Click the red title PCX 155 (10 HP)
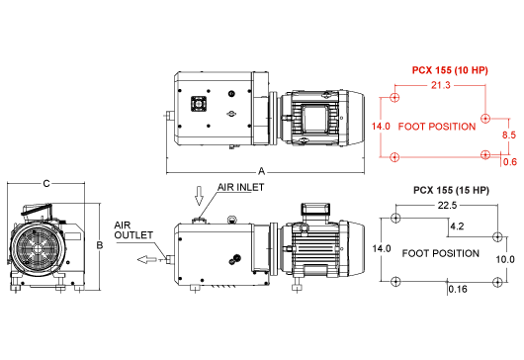coord(450,70)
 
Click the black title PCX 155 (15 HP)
coord(451,190)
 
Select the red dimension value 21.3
coord(440,85)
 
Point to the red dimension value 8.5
coord(509,135)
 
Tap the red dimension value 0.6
coord(510,162)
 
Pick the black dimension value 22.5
coord(447,206)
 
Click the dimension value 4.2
coord(457,226)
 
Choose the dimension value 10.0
coord(505,259)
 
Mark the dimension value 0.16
coord(458,289)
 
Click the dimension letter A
coord(261,171)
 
